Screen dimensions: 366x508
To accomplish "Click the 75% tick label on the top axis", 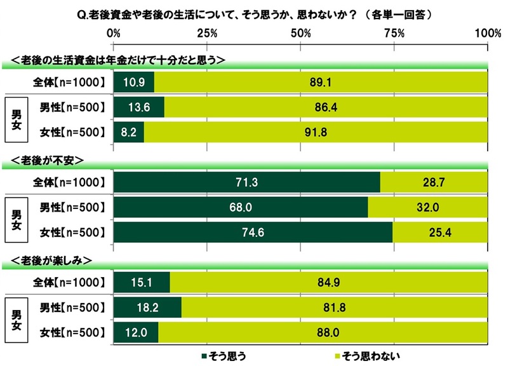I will [x=394, y=32].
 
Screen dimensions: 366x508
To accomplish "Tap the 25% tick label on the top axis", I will [x=207, y=32].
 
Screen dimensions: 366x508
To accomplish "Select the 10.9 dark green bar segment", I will [x=134, y=83].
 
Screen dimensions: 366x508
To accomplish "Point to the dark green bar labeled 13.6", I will [x=139, y=107].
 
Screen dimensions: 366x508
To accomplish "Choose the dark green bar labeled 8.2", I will [x=129, y=132].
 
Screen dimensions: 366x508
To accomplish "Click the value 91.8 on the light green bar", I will [x=315, y=132].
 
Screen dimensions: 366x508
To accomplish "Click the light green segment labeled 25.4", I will [x=440, y=233].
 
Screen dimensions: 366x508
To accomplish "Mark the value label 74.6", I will [x=253, y=233].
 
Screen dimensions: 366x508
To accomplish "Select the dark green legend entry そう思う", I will [x=226, y=355].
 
